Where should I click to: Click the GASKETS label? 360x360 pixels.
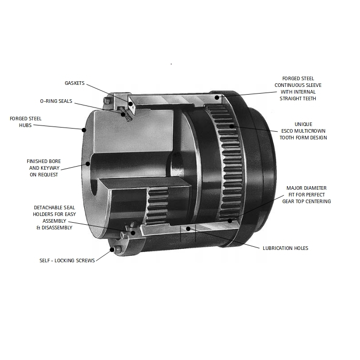point(75,83)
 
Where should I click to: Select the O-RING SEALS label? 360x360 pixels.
point(56,101)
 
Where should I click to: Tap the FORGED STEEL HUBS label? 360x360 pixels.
point(26,121)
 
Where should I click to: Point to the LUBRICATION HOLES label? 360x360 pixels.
point(285,248)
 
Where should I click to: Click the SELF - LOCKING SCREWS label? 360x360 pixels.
point(67,260)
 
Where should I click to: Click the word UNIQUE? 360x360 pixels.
point(303,124)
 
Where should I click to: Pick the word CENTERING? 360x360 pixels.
point(317,201)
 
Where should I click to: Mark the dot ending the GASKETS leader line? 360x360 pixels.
point(131,104)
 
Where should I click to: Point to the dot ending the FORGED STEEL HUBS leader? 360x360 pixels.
point(82,129)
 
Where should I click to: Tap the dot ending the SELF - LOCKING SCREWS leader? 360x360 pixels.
point(112,250)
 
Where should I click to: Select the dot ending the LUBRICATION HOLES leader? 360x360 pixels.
point(189,228)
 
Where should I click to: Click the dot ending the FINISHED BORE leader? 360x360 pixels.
point(88,164)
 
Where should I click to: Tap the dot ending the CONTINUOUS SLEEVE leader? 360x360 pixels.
point(218,97)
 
